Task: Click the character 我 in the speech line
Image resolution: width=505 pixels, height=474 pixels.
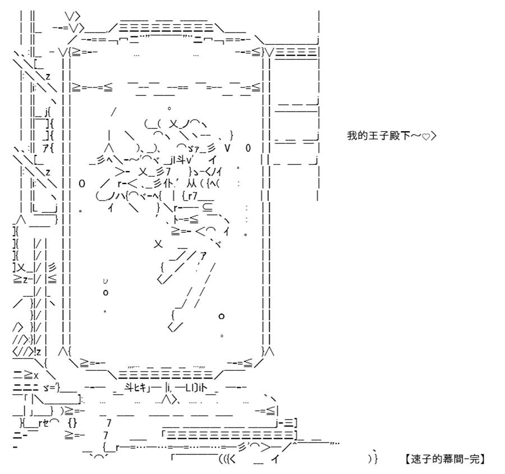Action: [x=352, y=136]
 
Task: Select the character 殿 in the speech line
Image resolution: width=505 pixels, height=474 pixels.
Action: [x=394, y=136]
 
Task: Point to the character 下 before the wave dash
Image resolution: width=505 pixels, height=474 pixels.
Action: [x=405, y=136]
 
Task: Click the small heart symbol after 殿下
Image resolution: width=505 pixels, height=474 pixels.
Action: [x=426, y=137]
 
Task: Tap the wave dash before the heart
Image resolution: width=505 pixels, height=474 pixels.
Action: [x=415, y=136]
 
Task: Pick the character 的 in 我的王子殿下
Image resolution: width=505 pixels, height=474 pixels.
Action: [x=362, y=136]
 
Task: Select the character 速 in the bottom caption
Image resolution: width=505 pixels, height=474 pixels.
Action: [x=416, y=459]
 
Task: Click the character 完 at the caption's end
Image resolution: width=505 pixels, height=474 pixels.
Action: [x=474, y=459]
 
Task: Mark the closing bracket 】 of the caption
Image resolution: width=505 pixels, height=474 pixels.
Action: [x=483, y=459]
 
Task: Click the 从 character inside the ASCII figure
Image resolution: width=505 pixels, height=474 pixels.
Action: [x=191, y=183]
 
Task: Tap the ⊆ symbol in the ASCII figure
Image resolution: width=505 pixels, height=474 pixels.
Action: [x=208, y=208]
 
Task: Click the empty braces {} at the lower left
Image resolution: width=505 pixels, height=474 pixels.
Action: [x=72, y=423]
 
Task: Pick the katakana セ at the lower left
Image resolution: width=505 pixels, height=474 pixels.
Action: [x=46, y=423]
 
